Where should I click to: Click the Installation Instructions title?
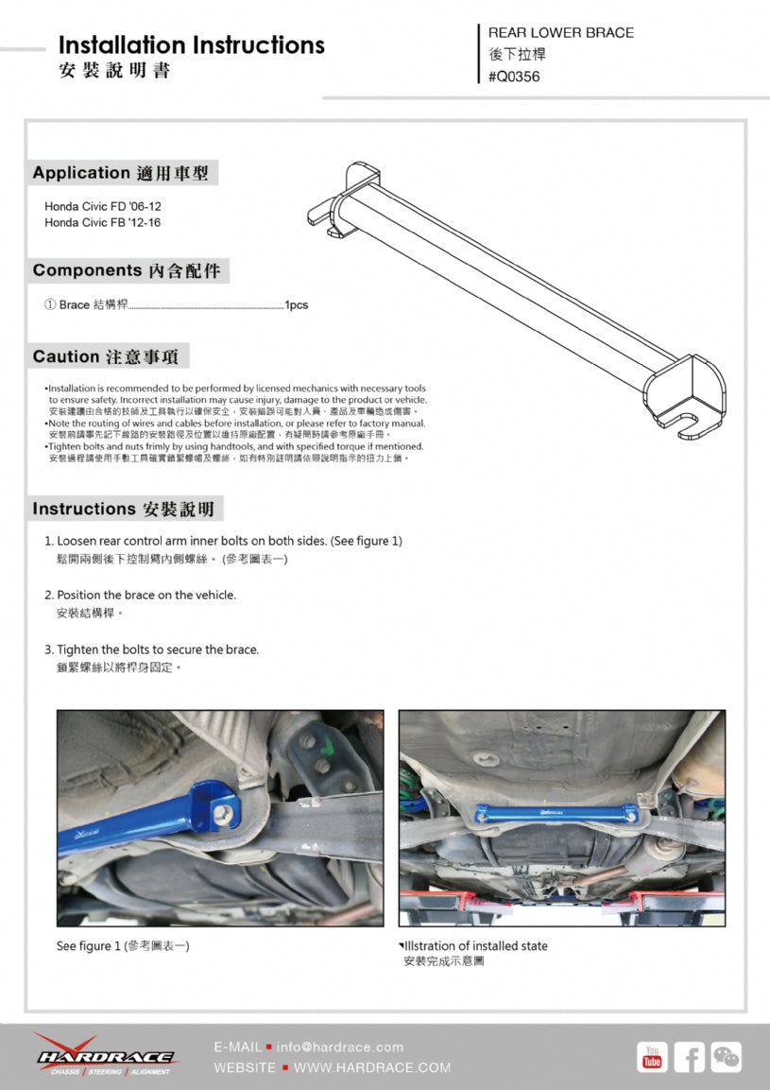click(191, 45)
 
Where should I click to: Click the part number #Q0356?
click(514, 77)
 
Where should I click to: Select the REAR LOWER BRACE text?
click(560, 32)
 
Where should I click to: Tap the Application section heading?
click(121, 173)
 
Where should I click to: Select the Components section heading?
click(127, 270)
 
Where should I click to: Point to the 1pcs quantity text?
click(297, 305)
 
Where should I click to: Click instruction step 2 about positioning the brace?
click(145, 595)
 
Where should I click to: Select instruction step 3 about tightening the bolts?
click(157, 649)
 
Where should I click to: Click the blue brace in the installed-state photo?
click(561, 811)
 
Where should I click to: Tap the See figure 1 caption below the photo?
click(123, 945)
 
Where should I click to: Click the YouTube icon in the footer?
click(652, 1057)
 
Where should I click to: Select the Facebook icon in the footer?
click(689, 1057)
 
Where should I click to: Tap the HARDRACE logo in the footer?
click(104, 1055)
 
